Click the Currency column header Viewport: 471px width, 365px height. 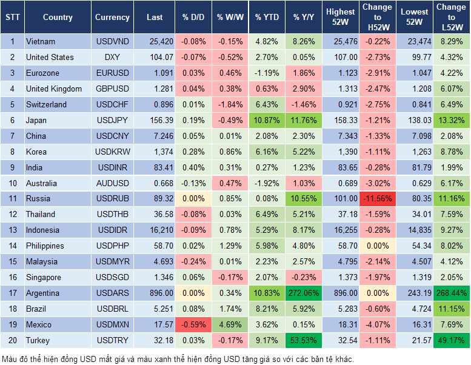(x=112, y=18)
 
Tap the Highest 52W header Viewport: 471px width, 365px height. (x=340, y=18)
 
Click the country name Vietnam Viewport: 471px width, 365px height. (x=41, y=42)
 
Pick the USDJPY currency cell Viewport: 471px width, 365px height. (x=112, y=121)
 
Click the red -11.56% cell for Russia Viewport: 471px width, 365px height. (x=378, y=199)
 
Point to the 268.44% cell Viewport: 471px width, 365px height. (x=452, y=293)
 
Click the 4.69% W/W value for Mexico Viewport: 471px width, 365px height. (x=230, y=325)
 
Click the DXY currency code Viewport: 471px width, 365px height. (x=112, y=58)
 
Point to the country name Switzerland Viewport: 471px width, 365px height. (x=47, y=105)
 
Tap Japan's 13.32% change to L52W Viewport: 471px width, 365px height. (x=452, y=121)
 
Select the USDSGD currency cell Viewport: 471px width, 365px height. (x=112, y=278)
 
